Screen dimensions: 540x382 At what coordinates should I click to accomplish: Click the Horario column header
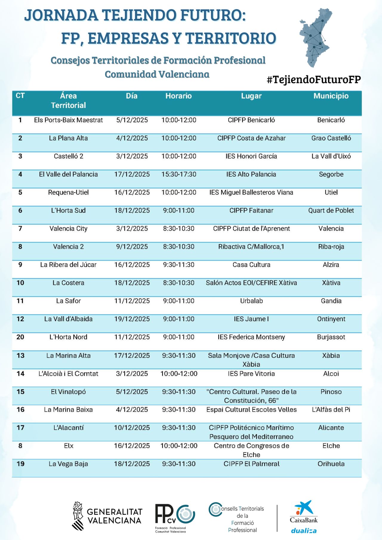[178, 96]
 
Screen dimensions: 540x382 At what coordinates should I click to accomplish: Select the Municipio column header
[331, 96]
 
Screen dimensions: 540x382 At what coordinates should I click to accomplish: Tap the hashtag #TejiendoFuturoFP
[314, 79]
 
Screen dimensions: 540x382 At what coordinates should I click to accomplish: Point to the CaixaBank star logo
[304, 508]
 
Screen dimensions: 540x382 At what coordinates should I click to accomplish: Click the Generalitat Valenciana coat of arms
[78, 516]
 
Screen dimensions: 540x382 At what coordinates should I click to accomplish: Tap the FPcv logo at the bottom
[175, 516]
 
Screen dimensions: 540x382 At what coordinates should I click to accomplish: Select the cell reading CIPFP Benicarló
[251, 120]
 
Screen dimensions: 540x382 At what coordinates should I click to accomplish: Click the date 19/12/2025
[132, 319]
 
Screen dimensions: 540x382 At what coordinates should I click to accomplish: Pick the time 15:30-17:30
[179, 175]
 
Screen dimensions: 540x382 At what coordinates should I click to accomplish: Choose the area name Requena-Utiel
[68, 192]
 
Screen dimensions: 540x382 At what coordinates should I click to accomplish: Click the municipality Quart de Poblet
[331, 211]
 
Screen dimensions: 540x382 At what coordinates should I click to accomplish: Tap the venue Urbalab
[251, 301]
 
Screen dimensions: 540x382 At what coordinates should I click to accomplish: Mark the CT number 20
[20, 337]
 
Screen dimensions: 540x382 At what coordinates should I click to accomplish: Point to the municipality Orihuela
[331, 464]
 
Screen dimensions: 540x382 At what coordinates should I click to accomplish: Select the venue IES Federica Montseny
[251, 337]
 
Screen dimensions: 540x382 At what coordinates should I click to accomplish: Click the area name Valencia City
[68, 229]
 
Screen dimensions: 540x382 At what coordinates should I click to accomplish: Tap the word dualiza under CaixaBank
[304, 531]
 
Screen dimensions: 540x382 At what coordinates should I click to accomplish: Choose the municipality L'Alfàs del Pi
[331, 410]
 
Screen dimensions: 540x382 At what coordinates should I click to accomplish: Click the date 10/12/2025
[132, 428]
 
